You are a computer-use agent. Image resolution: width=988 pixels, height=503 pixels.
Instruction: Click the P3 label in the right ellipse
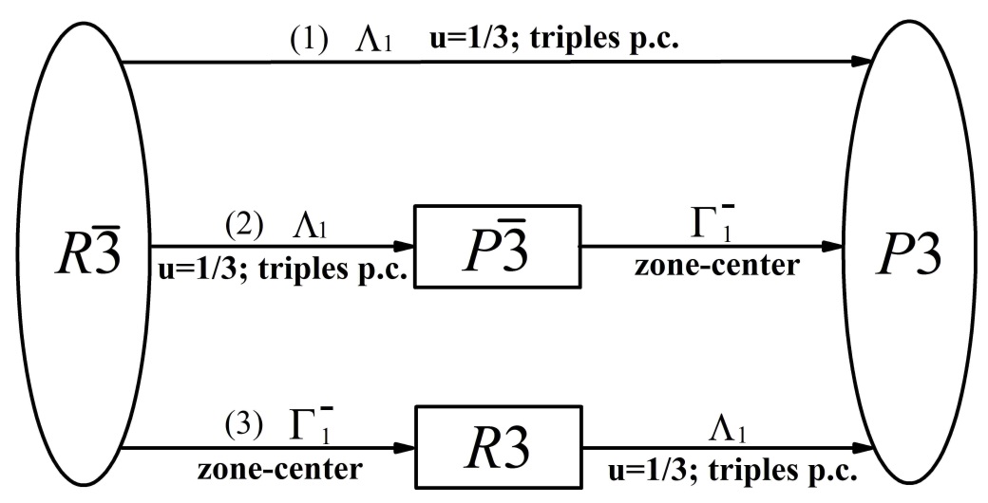(x=917, y=255)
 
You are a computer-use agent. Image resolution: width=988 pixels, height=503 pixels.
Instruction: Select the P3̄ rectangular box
(x=497, y=247)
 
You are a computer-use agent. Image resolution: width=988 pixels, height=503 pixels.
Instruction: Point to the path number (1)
(x=308, y=44)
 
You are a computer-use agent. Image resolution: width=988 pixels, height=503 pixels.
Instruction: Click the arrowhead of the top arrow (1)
(x=862, y=62)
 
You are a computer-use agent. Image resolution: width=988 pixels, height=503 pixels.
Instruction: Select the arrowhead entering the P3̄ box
(x=404, y=247)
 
